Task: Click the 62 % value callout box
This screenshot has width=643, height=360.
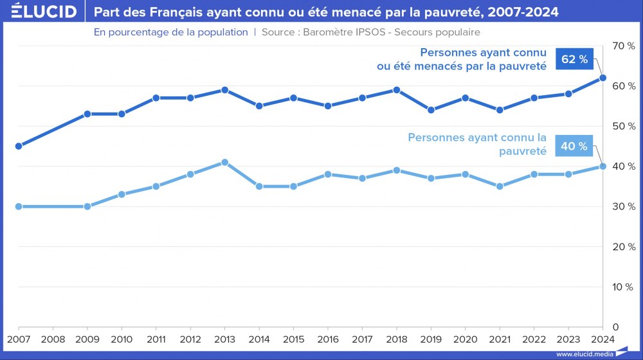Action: click(x=574, y=59)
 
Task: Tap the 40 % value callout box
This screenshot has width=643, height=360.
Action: click(x=574, y=146)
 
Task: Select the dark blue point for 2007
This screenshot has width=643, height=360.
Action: click(x=19, y=146)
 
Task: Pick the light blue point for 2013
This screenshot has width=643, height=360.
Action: click(x=225, y=162)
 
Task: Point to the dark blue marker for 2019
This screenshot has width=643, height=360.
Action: click(x=431, y=110)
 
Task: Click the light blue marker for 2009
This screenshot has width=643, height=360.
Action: click(x=87, y=206)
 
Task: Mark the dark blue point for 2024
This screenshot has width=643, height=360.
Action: click(x=602, y=78)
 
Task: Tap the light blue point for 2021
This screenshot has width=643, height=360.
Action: click(x=500, y=186)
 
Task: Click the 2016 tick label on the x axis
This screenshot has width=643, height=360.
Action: click(x=327, y=338)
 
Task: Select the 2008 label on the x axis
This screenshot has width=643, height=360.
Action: click(x=53, y=338)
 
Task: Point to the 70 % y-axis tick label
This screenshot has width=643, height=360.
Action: click(x=624, y=46)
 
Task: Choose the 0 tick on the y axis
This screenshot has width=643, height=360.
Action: click(x=615, y=327)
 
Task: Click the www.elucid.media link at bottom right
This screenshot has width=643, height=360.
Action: click(x=584, y=354)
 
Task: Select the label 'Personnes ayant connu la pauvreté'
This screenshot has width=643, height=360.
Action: click(x=477, y=144)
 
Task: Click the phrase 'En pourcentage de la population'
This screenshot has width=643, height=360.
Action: click(x=170, y=32)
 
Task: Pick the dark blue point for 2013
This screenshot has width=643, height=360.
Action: click(x=225, y=90)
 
